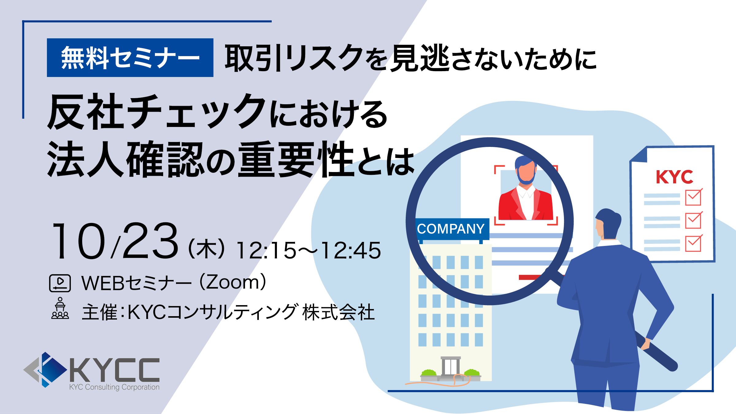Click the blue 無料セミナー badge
click(130, 58)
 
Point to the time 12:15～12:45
click(309, 250)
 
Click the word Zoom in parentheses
click(233, 282)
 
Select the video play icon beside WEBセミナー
click(60, 283)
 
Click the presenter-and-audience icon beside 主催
click(60, 308)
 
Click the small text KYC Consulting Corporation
click(114, 387)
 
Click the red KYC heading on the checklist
click(674, 177)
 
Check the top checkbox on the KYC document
click(693, 197)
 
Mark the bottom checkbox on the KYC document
click(693, 243)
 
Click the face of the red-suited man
click(526, 172)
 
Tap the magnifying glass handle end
click(672, 365)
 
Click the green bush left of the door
click(429, 373)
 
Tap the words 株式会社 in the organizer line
click(339, 312)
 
